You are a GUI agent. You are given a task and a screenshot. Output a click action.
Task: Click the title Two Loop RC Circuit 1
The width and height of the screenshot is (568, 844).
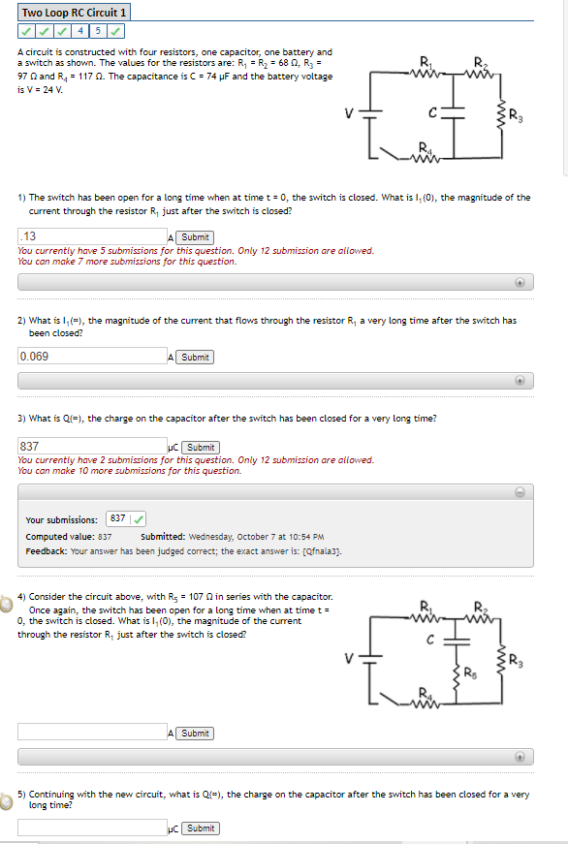pos(74,13)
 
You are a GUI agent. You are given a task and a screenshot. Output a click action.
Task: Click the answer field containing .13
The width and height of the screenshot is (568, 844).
pos(92,236)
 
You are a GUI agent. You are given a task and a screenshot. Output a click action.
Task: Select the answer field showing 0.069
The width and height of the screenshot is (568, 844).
pos(92,357)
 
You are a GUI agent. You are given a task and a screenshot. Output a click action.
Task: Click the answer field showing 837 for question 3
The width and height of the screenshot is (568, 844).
pos(92,447)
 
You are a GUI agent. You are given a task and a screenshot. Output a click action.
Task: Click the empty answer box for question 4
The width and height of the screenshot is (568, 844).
pos(92,733)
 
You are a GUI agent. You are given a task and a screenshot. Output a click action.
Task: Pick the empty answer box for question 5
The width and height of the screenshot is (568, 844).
pos(92,828)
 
